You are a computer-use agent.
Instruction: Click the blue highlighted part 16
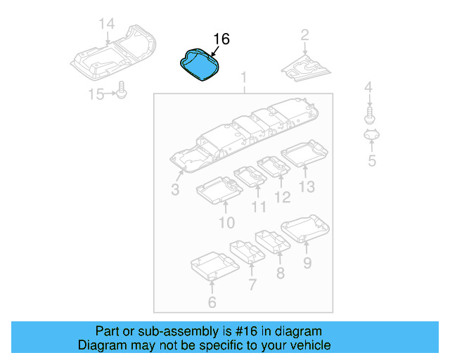pos(199,64)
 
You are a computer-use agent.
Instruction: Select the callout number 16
pos(221,39)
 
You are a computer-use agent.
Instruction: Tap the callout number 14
pos(106,24)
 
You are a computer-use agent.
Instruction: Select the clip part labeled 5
pos(371,135)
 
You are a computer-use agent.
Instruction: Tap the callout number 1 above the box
pos(244,77)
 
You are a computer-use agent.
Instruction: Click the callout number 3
pos(175,190)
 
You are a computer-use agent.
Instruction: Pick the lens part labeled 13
pos(304,154)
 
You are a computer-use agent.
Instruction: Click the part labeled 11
pos(248,177)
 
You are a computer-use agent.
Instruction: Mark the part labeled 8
pos(273,240)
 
